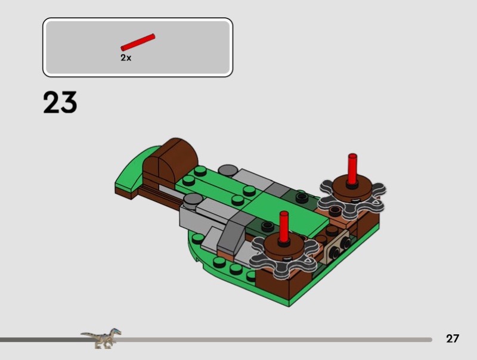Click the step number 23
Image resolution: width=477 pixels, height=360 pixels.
coord(60,103)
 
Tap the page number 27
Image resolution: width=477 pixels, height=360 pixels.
coord(453,339)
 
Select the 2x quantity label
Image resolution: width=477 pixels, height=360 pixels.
coord(126,57)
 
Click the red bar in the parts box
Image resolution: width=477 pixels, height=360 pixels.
coord(138,42)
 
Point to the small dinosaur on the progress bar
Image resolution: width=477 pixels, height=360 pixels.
coord(101,338)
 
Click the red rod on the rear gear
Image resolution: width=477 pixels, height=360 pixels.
coord(352,169)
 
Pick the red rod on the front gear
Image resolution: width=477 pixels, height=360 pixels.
coord(284,226)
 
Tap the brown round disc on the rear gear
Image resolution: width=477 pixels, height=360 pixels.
coord(352,188)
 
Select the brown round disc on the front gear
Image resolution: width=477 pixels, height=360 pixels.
coord(284,246)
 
